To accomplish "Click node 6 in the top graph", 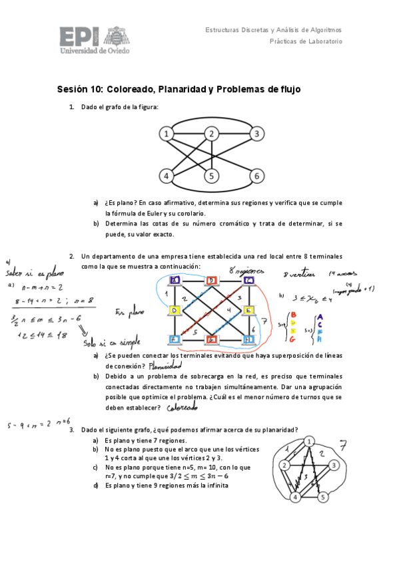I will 256,176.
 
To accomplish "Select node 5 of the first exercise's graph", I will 211,176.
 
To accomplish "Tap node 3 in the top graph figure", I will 256,134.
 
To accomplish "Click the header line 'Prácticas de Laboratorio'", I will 306,41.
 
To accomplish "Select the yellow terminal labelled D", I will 175,311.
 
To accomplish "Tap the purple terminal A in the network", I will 175,281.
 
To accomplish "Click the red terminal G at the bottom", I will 212,340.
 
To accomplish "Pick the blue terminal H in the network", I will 249,340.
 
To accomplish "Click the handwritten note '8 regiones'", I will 247,271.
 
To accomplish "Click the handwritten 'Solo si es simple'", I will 103,343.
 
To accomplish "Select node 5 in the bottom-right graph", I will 322,497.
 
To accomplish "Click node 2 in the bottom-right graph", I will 284,465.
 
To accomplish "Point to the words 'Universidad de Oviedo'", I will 95,50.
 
